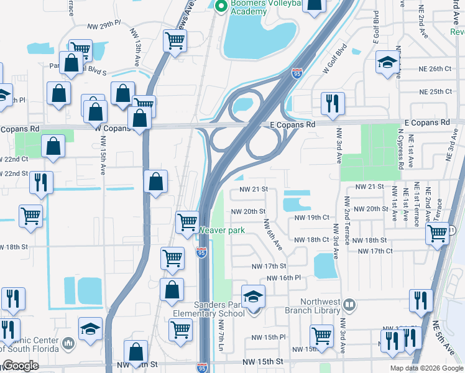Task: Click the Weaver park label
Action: tap(222, 231)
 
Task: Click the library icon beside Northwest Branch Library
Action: tap(349, 305)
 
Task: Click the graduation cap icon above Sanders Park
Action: tap(253, 297)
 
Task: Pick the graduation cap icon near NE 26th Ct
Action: tap(387, 62)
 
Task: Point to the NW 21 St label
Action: tap(254, 189)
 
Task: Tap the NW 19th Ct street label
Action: tap(311, 218)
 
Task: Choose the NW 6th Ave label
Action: tap(272, 235)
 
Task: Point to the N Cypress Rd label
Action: tap(398, 149)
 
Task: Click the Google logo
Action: tap(21, 366)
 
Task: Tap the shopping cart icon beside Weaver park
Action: tap(187, 221)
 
